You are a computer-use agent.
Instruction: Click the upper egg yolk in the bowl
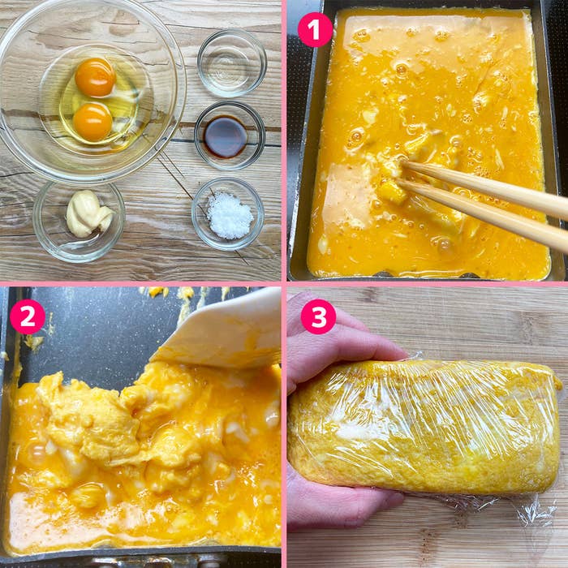tap(95, 77)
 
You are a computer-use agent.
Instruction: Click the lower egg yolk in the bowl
tap(93, 122)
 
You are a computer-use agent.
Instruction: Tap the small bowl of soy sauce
tap(230, 136)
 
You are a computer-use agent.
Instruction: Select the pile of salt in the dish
tap(230, 215)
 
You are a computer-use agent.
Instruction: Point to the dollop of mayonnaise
tap(88, 214)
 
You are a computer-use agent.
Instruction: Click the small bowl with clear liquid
tap(232, 62)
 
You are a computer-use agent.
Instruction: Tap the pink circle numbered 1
tap(315, 30)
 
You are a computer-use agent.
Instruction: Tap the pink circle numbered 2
tap(28, 316)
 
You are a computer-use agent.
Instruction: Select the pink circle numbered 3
tap(318, 316)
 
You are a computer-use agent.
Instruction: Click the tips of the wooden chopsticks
tap(402, 174)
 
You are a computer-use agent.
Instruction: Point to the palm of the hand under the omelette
tap(337, 504)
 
